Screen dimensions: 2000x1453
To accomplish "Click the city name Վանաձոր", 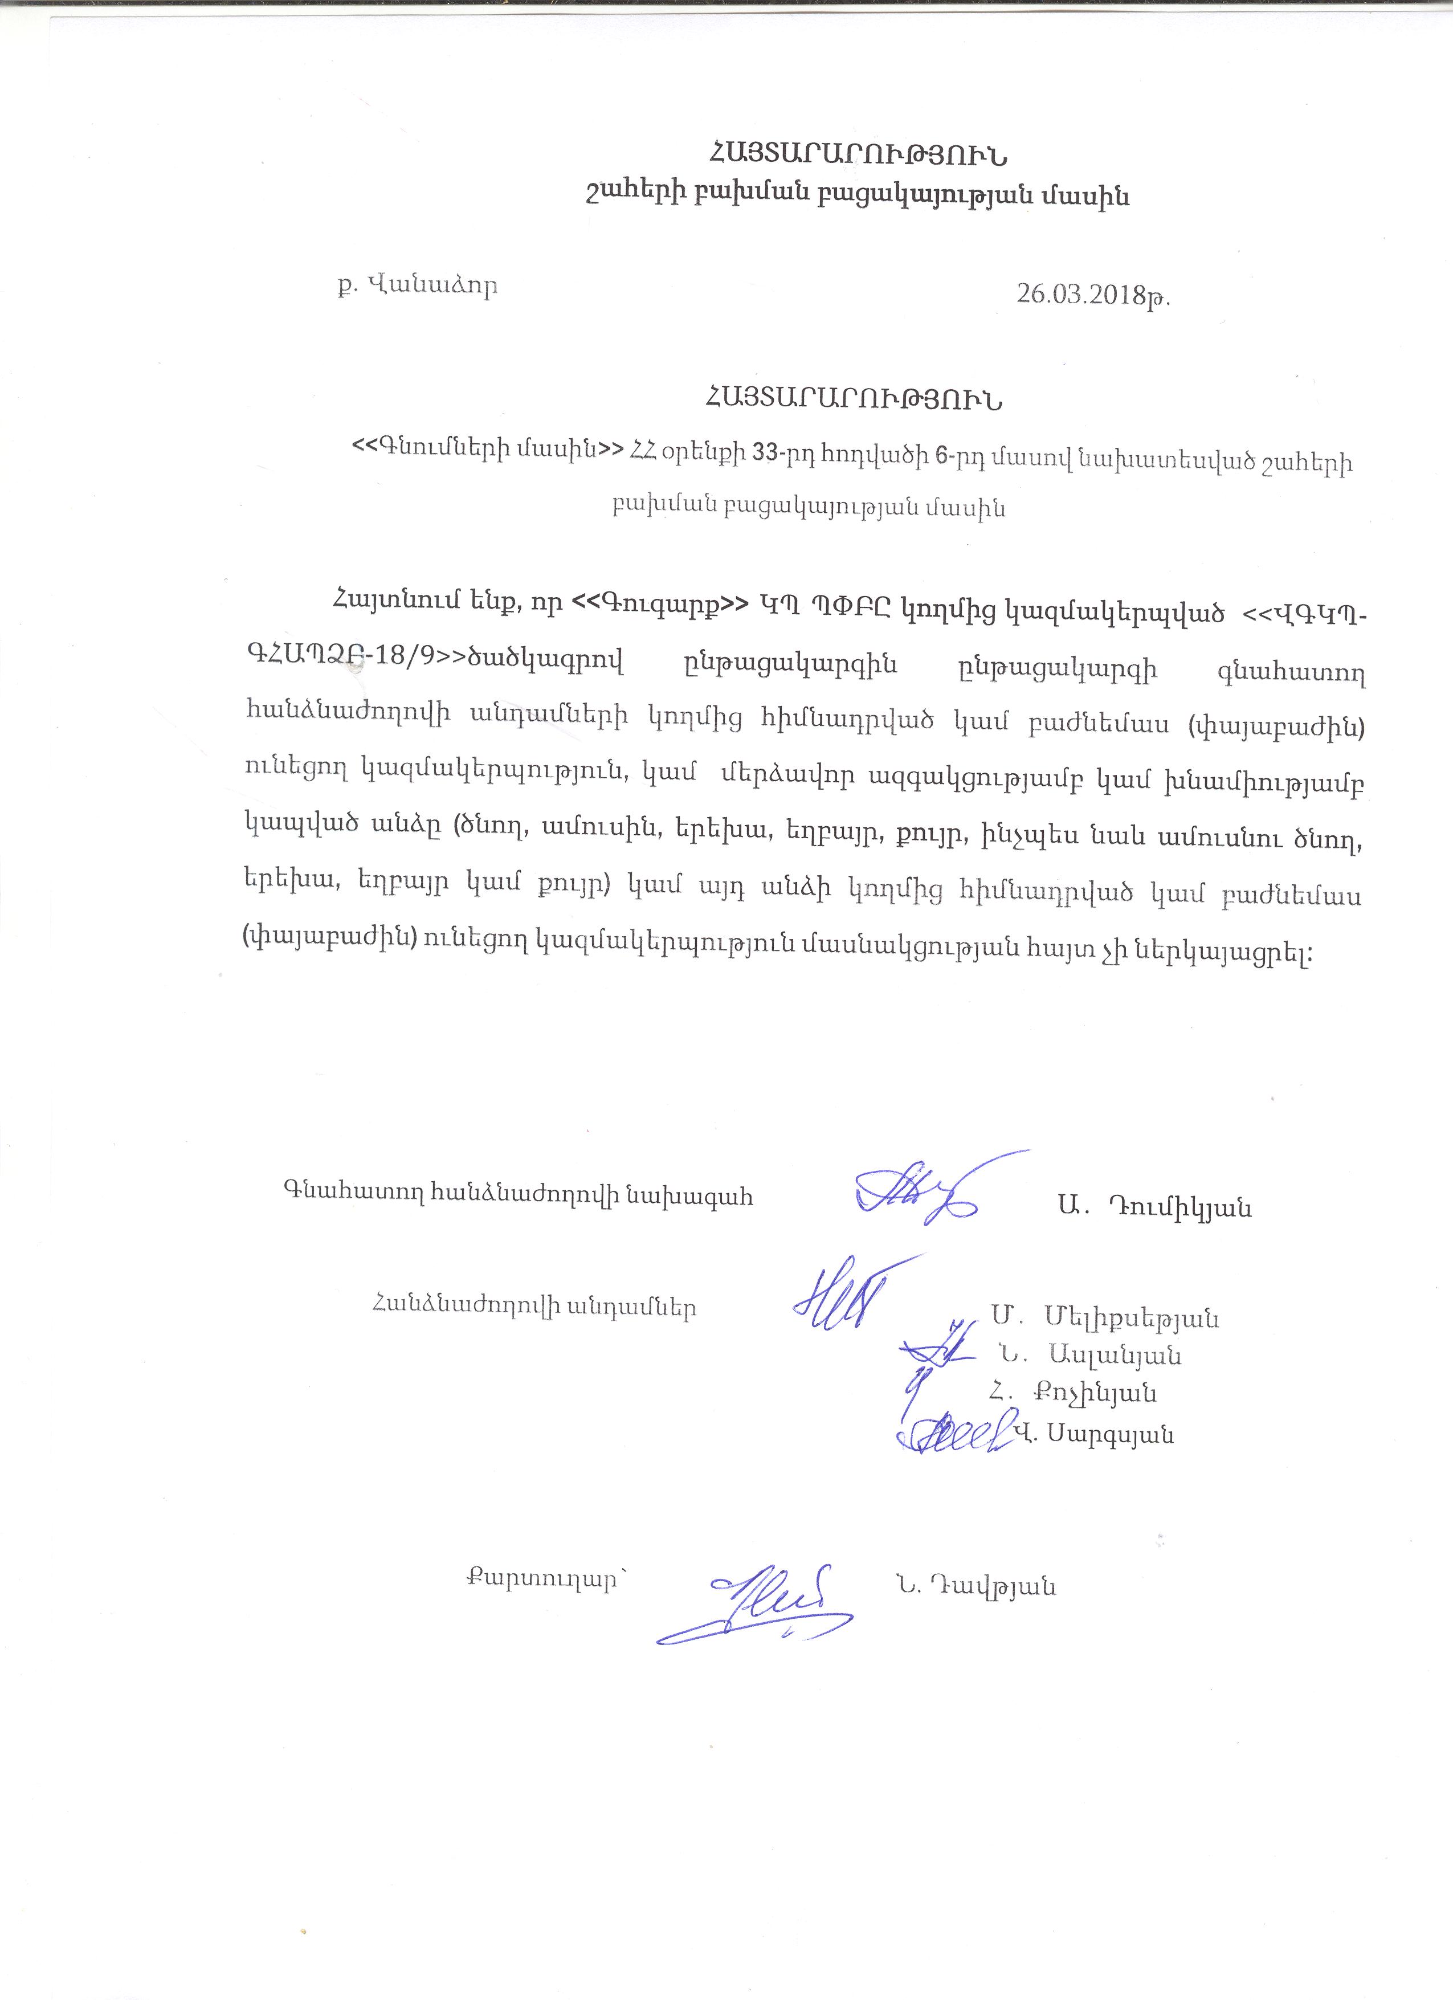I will (431, 287).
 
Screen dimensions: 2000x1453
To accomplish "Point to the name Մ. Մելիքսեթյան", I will (1105, 1319).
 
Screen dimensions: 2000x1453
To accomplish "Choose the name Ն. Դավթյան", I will (974, 1587).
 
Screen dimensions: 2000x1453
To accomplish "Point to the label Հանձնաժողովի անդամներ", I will (534, 1307).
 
